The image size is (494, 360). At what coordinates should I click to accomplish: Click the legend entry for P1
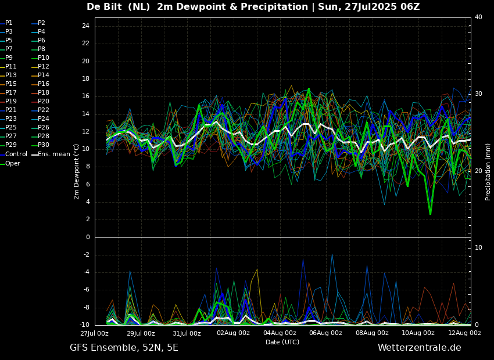tap(6, 23)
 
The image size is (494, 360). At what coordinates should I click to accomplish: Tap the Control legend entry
tap(14, 154)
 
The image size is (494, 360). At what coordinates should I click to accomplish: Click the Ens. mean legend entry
tap(51, 154)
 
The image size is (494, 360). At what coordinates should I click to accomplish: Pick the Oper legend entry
tap(10, 163)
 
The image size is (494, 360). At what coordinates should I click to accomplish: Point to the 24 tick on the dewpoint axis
tap(85, 26)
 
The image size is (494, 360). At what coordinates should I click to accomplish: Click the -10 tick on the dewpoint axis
tap(84, 325)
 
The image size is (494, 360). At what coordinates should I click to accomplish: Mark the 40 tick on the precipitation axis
tap(478, 17)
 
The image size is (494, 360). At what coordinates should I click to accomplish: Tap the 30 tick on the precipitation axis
tap(478, 94)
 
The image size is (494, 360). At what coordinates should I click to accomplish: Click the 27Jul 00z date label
tap(95, 333)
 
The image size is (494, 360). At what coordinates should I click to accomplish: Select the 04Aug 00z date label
tap(280, 333)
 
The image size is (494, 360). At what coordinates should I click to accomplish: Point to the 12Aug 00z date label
tap(465, 333)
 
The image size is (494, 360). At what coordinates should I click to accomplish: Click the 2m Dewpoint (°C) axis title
tap(76, 172)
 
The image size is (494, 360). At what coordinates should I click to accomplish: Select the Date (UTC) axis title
tap(282, 342)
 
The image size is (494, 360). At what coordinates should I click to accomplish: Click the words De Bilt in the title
tap(104, 6)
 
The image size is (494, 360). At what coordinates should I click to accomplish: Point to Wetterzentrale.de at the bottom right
tap(420, 348)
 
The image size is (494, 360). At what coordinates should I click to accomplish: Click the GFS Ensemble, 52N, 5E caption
tap(124, 348)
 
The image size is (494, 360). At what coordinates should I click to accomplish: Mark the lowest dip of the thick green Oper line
tap(430, 214)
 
